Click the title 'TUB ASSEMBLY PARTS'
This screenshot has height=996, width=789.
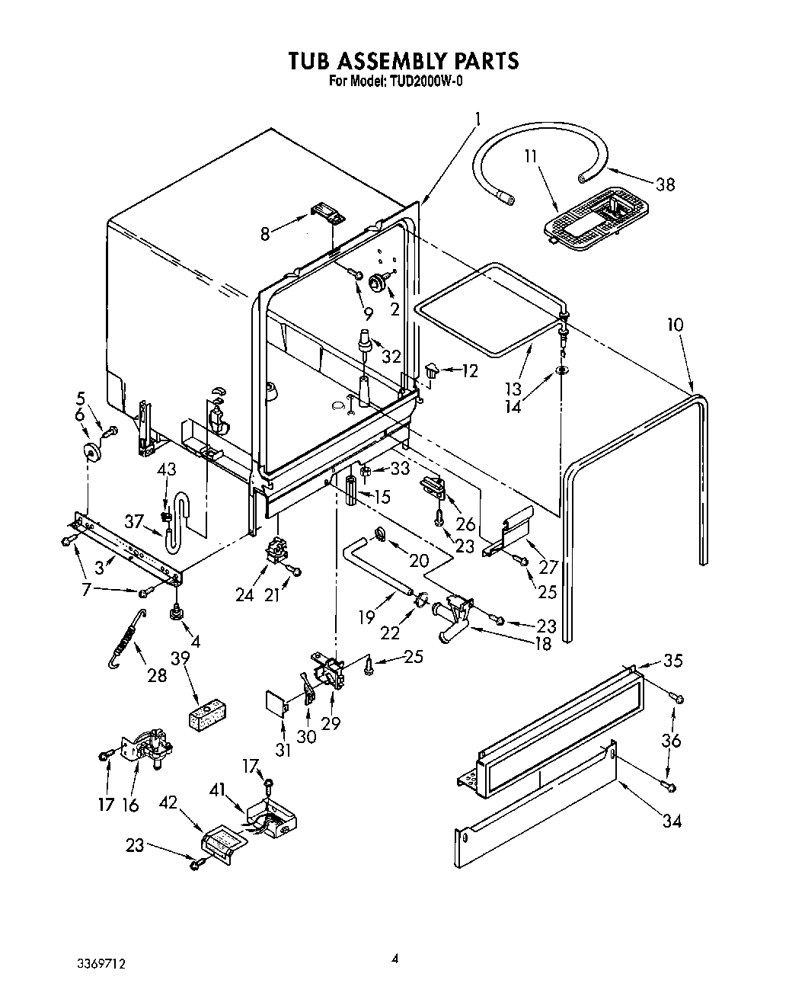[403, 60]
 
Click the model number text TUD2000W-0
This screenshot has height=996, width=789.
[420, 81]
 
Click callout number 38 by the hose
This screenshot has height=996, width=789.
[665, 184]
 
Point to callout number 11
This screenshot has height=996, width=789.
[531, 156]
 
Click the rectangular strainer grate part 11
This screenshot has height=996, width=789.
[592, 218]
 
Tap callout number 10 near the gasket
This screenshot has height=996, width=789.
[675, 325]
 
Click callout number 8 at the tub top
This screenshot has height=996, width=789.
[265, 234]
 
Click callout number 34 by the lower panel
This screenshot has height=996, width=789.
[672, 821]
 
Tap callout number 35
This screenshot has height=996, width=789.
[672, 661]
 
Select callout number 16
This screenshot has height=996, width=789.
[130, 804]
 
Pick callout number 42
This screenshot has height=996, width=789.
[168, 802]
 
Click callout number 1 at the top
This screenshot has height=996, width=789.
[478, 119]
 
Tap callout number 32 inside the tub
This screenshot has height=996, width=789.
[391, 355]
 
